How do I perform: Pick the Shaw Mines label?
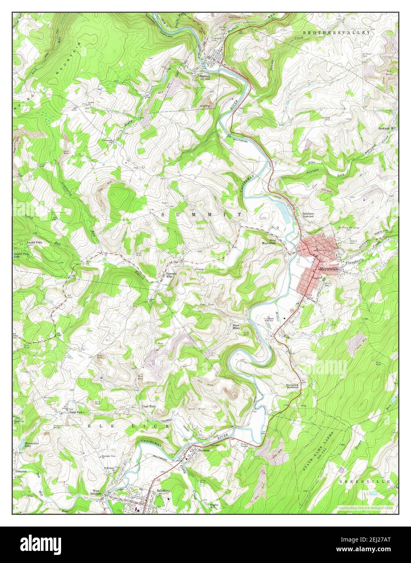[x=237, y=327]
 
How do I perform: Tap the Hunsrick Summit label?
[x=292, y=386]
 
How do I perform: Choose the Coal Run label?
[x=148, y=406]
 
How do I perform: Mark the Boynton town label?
[x=203, y=450]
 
